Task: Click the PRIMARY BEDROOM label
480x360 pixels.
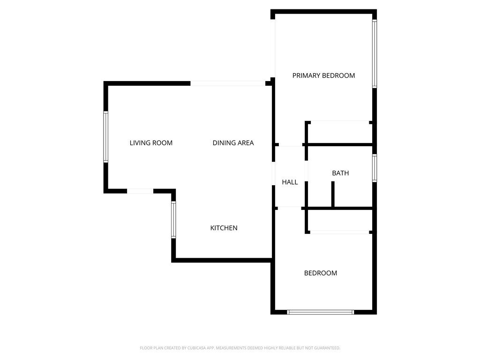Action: click(323, 75)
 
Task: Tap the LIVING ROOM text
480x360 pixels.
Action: click(151, 143)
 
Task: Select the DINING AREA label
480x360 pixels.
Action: click(233, 143)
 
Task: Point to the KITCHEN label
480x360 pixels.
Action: click(224, 228)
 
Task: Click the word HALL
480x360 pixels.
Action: click(290, 182)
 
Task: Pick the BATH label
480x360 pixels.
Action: click(340, 173)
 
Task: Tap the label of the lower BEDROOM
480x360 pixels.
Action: click(321, 273)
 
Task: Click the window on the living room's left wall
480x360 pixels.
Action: click(106, 137)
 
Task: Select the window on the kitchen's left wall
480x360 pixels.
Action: click(173, 219)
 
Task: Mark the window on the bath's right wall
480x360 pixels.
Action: click(375, 168)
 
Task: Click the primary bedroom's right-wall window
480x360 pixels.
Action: click(375, 53)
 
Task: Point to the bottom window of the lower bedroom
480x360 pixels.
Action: click(321, 312)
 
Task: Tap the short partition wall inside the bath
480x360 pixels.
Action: click(333, 194)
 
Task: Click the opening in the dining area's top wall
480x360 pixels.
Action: click(228, 83)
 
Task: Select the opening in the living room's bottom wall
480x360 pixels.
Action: click(140, 191)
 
